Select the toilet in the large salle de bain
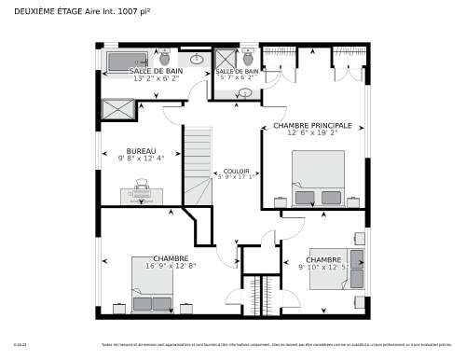[165, 57]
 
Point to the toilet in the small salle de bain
[248, 57]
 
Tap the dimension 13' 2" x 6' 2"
[155, 78]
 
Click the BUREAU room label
[141, 151]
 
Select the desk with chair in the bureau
[141, 193]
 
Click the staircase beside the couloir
[198, 163]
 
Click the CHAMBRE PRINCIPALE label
[311, 125]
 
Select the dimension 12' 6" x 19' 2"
[311, 132]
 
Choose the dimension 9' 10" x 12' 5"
[323, 267]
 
